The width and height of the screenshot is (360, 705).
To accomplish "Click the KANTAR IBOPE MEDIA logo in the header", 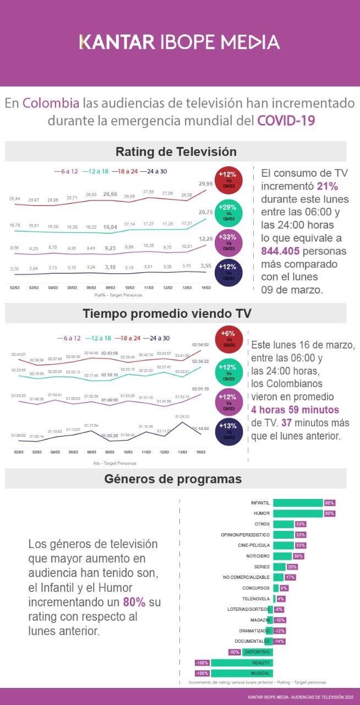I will (179, 42).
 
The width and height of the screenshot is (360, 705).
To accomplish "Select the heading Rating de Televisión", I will (176, 152).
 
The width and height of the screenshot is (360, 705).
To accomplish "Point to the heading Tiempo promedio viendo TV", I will (167, 313).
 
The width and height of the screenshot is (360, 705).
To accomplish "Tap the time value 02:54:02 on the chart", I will (200, 345).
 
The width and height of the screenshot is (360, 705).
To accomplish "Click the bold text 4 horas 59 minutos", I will (295, 410).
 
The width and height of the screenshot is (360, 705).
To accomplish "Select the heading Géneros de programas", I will (173, 479).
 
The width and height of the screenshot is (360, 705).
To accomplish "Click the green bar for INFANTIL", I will (298, 503).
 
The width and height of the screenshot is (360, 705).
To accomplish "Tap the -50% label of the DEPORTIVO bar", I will (234, 652).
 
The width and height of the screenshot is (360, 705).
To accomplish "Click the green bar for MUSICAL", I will (242, 673).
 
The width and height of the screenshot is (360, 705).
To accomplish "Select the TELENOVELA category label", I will (256, 599).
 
